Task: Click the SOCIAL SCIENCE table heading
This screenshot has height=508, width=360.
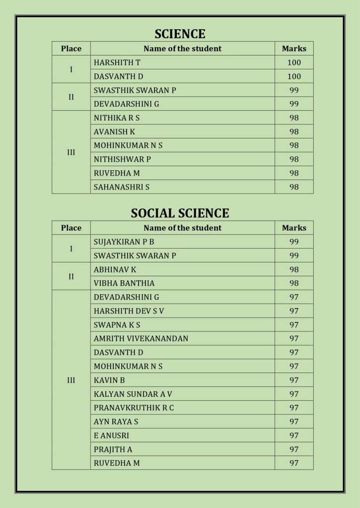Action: click(x=180, y=213)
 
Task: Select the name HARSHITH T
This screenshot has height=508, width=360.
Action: click(x=114, y=63)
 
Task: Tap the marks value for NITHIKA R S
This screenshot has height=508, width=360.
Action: click(x=294, y=118)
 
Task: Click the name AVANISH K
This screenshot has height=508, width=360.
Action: click(x=114, y=132)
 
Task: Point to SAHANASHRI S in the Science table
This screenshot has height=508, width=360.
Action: click(x=122, y=187)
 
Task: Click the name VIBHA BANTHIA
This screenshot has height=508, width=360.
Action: click(x=124, y=283)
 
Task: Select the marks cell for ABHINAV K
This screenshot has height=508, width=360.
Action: click(x=294, y=269)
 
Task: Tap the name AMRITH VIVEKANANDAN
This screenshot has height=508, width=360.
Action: click(x=141, y=338)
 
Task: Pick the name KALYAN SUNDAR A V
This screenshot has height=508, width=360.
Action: click(x=133, y=394)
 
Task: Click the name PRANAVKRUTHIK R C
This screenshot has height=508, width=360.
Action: click(x=134, y=408)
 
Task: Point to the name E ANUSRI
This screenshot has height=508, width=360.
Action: click(x=111, y=436)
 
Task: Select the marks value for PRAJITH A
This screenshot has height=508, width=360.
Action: click(x=294, y=449)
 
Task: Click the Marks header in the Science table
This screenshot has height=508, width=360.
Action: click(x=294, y=49)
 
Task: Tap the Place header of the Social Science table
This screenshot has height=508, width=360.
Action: click(x=71, y=228)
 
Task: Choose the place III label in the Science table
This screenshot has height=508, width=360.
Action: click(x=71, y=152)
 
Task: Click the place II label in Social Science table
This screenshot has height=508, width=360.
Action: click(x=71, y=276)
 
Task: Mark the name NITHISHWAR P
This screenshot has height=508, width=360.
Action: click(x=122, y=159)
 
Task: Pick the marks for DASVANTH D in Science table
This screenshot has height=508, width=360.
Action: click(x=294, y=76)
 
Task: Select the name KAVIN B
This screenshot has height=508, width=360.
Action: click(x=109, y=380)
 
